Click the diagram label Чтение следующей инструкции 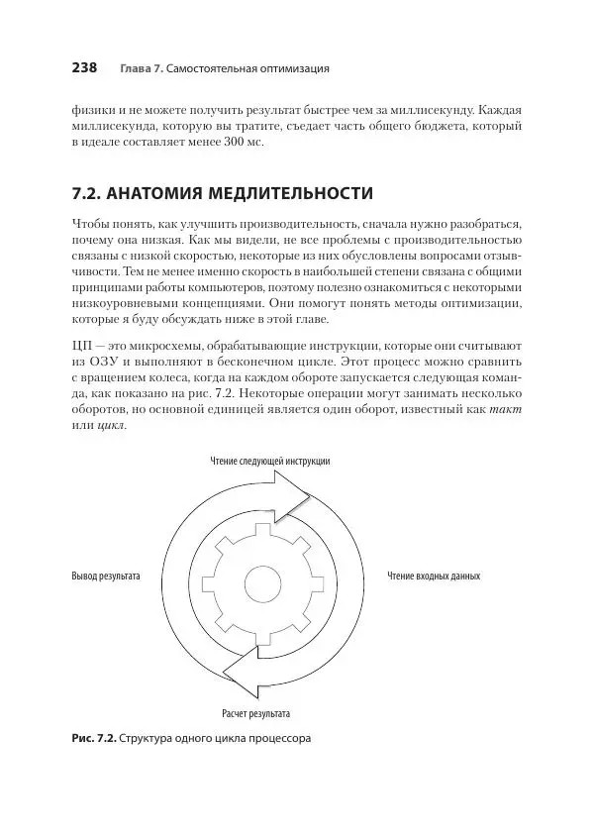pos(270,461)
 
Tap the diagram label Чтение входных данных pos(434,576)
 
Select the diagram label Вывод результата pos(105,576)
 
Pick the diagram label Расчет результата pos(254,712)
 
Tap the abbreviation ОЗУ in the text pos(103,361)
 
